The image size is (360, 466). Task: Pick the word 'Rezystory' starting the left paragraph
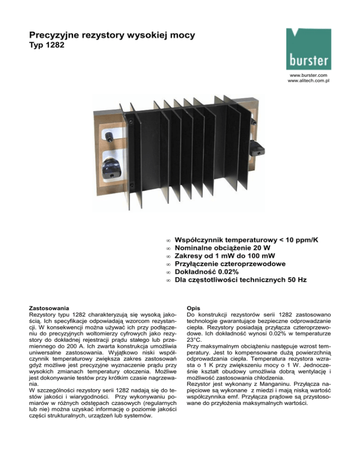pos(45,311)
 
